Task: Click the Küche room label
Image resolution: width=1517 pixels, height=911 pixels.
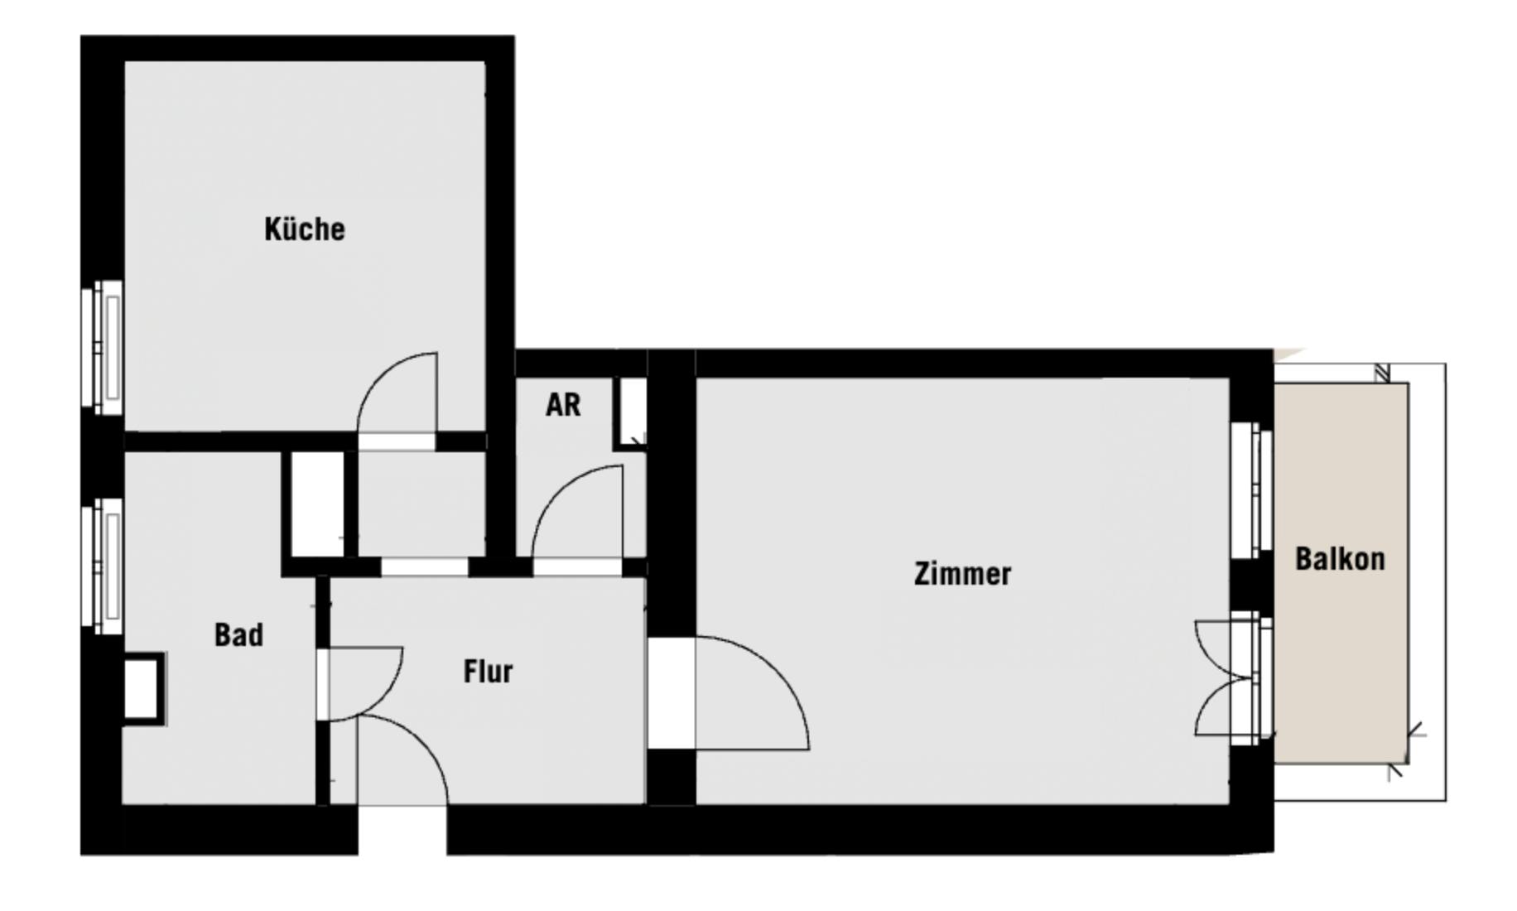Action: [x=305, y=229]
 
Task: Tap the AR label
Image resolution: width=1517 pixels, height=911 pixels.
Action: [x=563, y=405]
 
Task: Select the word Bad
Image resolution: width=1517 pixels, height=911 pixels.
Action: [x=238, y=635]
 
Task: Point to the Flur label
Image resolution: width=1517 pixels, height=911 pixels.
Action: [x=488, y=671]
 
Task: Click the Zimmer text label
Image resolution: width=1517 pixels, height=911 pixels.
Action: [x=962, y=574]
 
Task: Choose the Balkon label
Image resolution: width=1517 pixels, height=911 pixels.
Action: [x=1340, y=559]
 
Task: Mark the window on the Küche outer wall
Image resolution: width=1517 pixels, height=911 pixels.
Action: [x=103, y=347]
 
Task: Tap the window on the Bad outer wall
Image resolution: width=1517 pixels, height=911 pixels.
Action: [x=103, y=565]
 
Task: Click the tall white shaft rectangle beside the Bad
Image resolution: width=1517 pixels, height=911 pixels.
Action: [x=317, y=504]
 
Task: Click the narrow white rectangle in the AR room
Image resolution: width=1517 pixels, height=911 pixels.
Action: [x=633, y=412]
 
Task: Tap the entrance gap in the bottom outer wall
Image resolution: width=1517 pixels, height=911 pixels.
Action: [x=402, y=830]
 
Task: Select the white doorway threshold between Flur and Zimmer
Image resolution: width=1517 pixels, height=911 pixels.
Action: [x=672, y=693]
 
